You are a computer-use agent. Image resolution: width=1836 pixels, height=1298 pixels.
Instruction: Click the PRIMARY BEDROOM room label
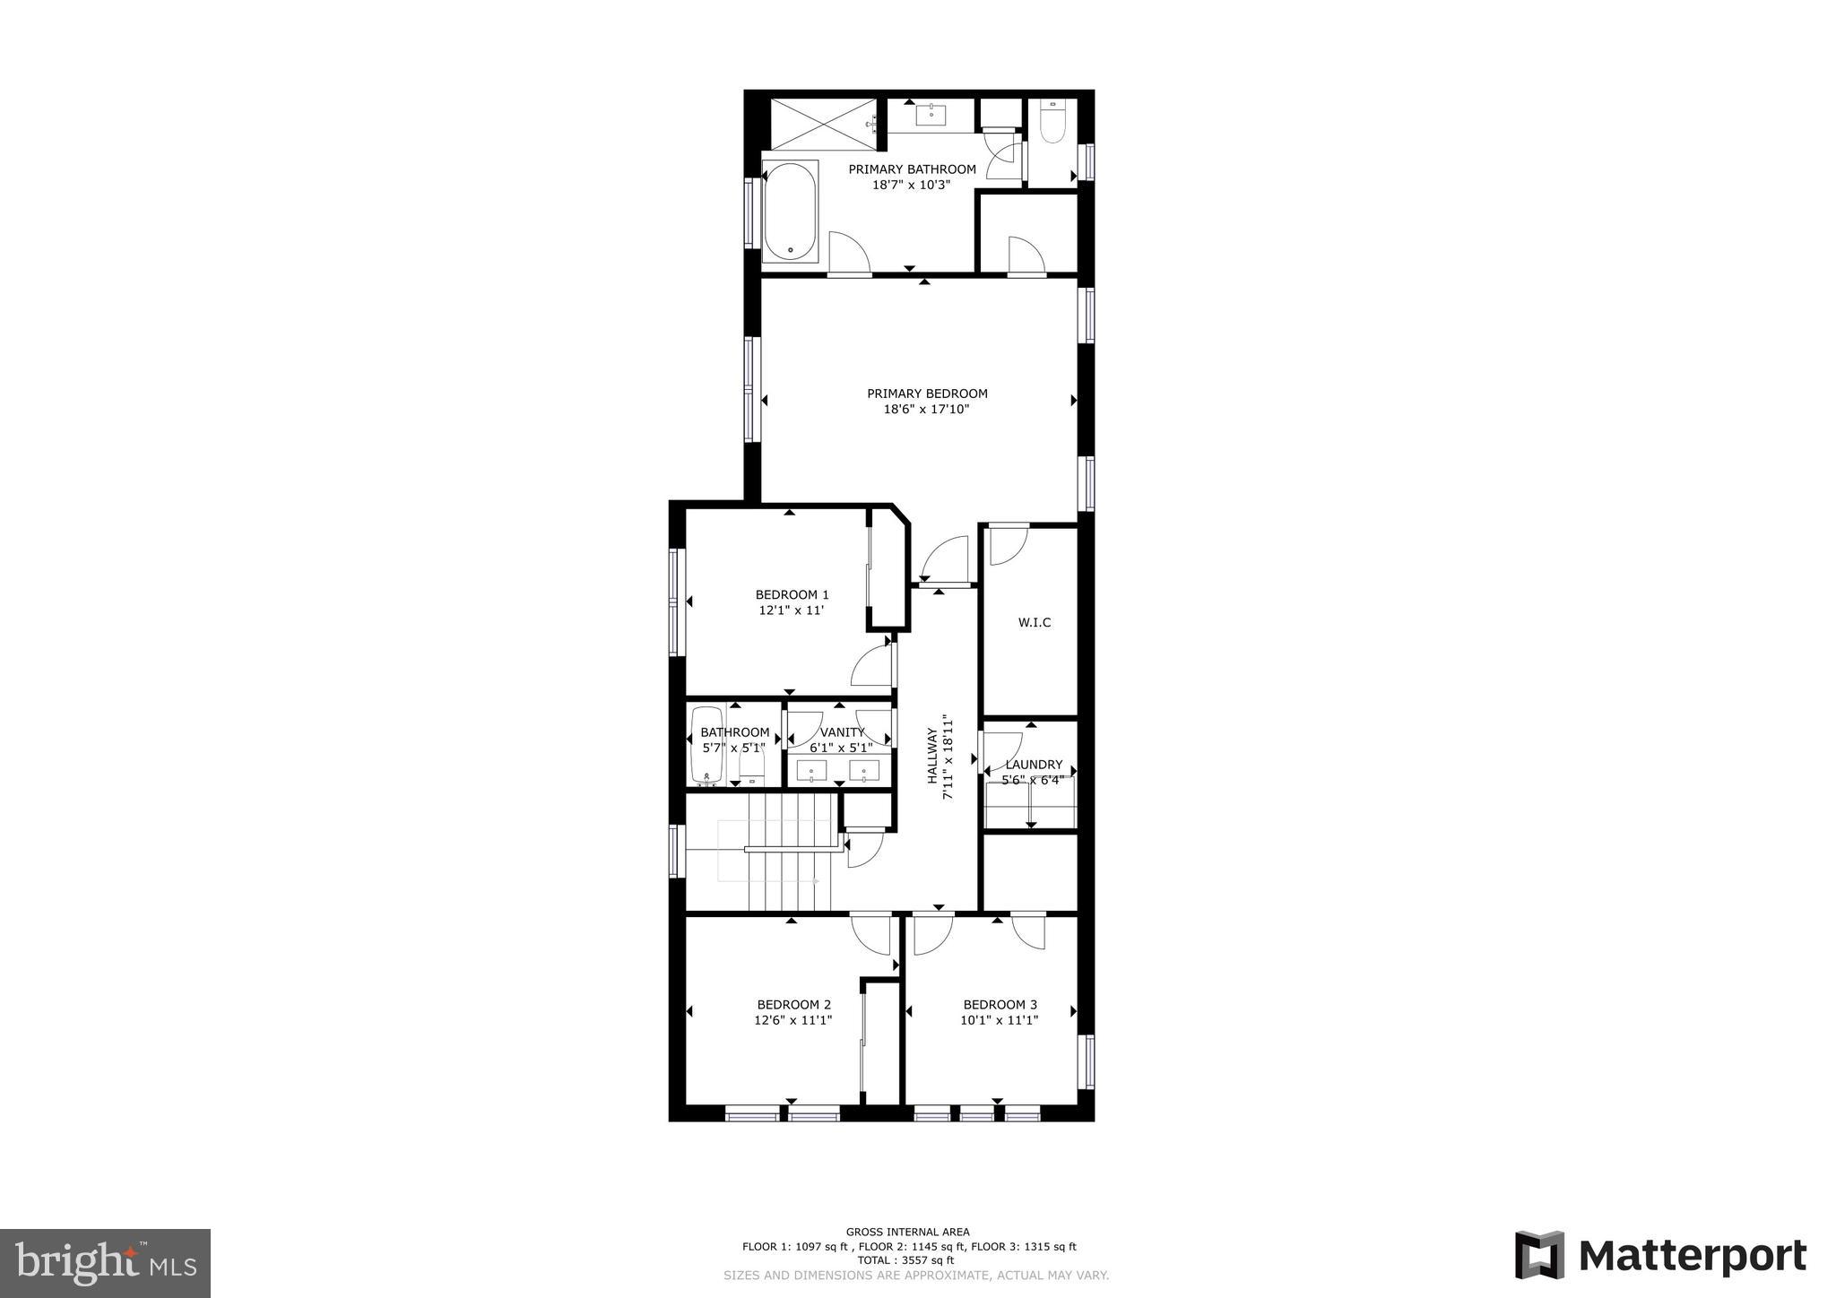point(927,394)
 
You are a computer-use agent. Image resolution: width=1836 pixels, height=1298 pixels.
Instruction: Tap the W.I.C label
point(1035,623)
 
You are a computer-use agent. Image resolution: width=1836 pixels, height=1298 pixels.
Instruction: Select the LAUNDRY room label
point(1034,765)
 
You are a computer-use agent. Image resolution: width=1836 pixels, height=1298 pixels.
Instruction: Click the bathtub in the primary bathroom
point(790,212)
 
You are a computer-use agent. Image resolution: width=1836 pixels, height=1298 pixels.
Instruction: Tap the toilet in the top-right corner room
point(1052,121)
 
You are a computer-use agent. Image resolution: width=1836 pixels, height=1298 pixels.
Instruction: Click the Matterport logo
point(1660,1255)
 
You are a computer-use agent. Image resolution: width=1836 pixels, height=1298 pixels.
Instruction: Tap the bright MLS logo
point(105,1263)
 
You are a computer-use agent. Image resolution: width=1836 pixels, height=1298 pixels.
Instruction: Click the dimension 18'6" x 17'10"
point(927,410)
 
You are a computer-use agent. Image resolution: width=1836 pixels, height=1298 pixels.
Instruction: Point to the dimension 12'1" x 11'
point(792,610)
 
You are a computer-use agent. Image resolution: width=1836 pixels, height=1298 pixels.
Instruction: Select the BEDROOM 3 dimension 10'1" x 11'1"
point(1000,1020)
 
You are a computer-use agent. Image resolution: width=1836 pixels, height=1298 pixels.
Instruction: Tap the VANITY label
point(842,732)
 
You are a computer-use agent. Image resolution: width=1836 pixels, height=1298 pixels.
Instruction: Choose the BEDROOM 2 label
point(793,1005)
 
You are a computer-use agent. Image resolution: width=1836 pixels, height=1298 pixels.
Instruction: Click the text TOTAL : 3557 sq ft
point(908,1260)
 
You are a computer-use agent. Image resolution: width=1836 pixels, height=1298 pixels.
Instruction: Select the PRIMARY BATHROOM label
point(912,169)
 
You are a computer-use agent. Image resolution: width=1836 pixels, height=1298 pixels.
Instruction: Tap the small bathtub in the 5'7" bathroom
point(706,747)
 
